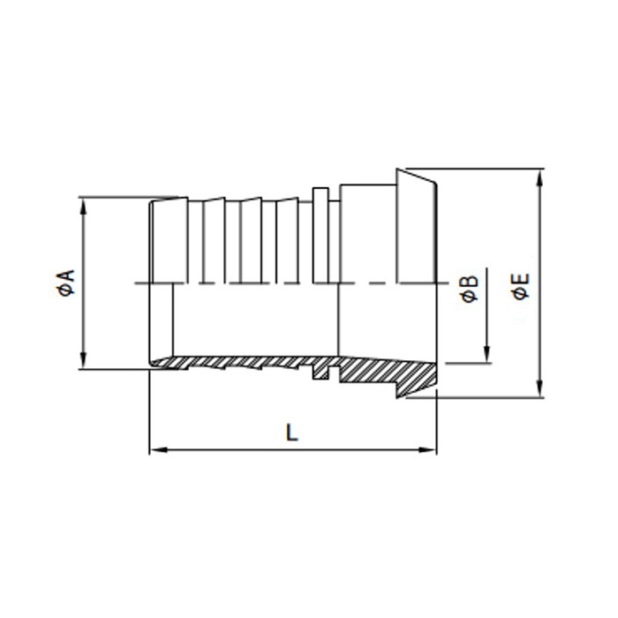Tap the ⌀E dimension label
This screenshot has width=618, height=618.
click(x=522, y=285)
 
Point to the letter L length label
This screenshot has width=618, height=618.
click(x=292, y=432)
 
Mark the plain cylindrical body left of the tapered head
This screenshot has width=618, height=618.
click(x=366, y=234)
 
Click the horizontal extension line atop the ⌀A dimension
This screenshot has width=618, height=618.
click(x=115, y=196)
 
